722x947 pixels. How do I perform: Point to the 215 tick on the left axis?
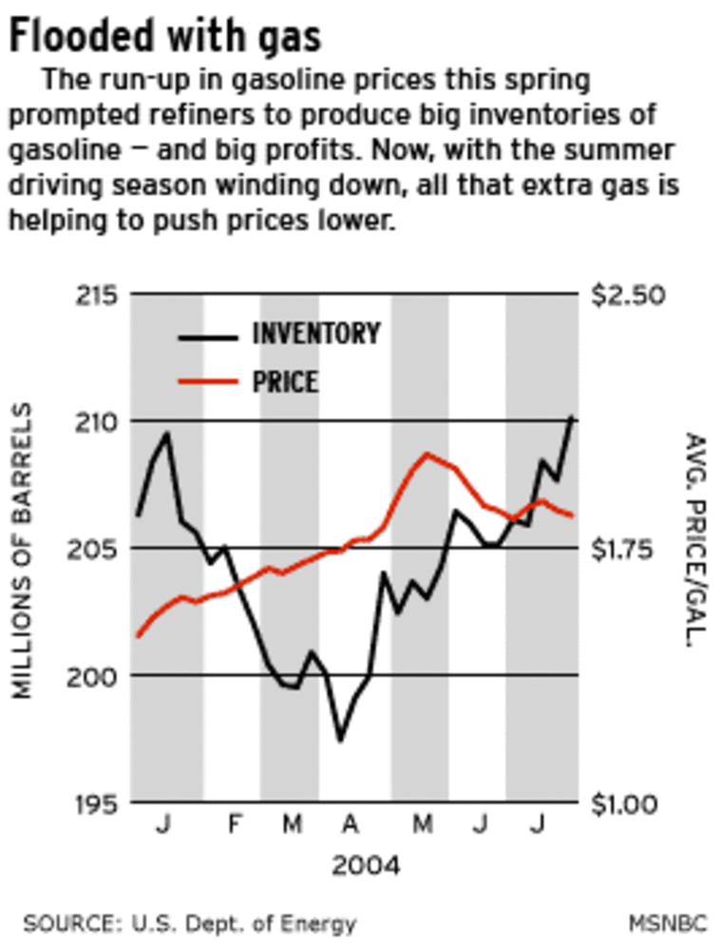tap(98, 294)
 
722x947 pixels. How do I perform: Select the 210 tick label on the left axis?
tap(98, 420)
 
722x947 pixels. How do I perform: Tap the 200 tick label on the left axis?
tap(98, 675)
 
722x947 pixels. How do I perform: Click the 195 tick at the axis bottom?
tap(98, 803)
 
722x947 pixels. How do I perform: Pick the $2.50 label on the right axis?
tap(629, 294)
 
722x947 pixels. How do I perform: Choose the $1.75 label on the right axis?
tap(629, 549)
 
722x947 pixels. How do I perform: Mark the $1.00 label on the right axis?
tap(629, 803)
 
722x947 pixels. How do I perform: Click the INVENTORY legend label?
tap(315, 334)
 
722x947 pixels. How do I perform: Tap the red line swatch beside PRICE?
tap(207, 382)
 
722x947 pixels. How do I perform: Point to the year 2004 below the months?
tap(366, 866)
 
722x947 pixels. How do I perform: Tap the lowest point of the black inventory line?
tap(340, 740)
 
